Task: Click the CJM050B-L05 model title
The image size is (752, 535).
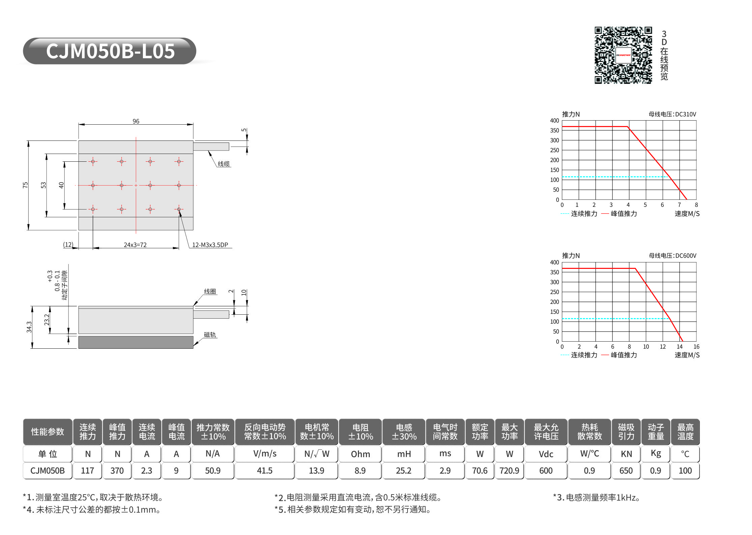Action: coord(110,51)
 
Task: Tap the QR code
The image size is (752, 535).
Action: coord(623,55)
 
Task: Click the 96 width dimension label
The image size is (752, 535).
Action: coord(136,121)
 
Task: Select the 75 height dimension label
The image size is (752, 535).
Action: coord(25,185)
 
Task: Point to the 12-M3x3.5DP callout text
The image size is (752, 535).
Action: coord(210,245)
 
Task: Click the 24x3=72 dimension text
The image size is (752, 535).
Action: coord(135,245)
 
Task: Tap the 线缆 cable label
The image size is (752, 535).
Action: coord(223,164)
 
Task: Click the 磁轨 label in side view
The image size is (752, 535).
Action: coord(210,335)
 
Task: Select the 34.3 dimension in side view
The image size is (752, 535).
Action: coord(29,327)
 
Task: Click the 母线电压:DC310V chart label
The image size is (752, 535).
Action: coord(672,114)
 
